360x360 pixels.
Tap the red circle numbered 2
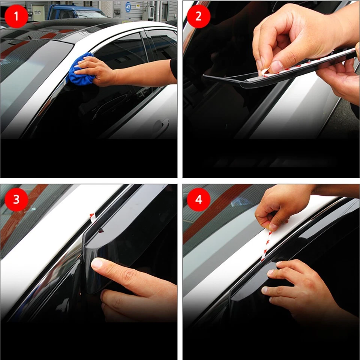tap(199, 16)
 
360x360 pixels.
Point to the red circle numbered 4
tap(199, 199)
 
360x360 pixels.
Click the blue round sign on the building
tap(128, 7)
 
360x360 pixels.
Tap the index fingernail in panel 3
tap(97, 263)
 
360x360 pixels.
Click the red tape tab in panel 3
tap(92, 216)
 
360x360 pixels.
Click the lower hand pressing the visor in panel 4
tap(300, 285)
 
